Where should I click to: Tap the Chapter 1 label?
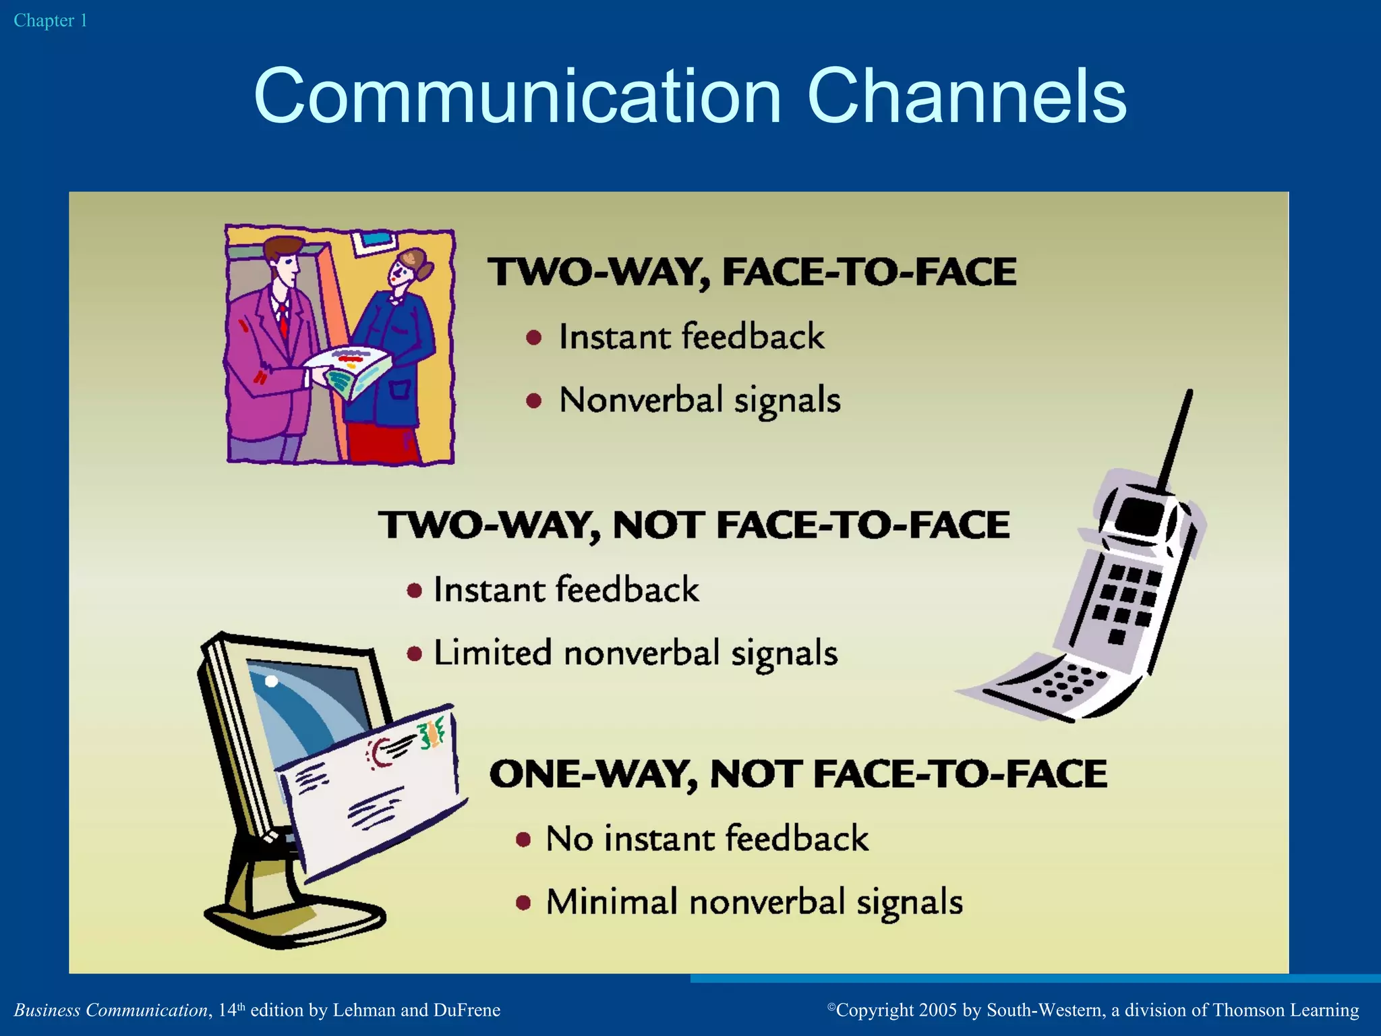point(51,21)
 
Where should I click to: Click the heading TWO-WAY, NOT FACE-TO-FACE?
point(695,525)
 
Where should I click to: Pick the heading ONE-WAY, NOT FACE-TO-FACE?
point(798,774)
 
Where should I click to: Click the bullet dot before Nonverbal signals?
point(534,401)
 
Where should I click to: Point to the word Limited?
point(492,653)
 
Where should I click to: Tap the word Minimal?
point(612,902)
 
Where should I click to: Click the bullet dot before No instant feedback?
point(523,840)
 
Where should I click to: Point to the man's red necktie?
point(283,320)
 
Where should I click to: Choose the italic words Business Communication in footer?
point(111,1010)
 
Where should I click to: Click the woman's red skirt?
point(381,442)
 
